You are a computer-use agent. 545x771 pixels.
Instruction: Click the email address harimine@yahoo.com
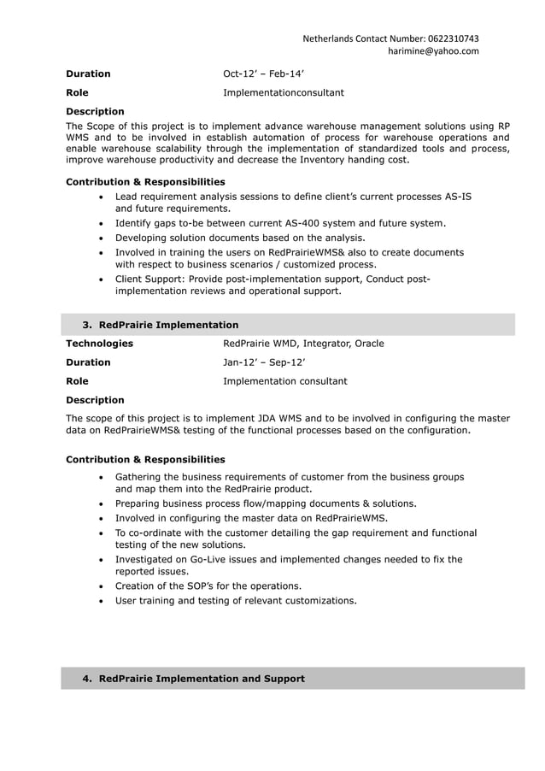pos(433,51)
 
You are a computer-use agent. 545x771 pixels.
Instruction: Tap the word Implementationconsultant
pos(284,92)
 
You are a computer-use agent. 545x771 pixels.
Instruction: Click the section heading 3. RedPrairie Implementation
pos(161,325)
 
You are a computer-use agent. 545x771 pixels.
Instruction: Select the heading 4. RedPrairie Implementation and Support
pos(193,679)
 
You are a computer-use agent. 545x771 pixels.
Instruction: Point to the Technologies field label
pos(99,344)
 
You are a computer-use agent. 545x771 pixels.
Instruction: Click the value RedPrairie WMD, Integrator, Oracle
pos(303,344)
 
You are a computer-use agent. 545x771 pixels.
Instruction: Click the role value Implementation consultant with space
pos(285,381)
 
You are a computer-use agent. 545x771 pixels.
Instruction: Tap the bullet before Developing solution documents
pos(103,238)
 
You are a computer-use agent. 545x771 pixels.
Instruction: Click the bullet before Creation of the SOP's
pos(103,586)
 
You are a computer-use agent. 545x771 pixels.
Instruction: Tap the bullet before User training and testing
pos(103,601)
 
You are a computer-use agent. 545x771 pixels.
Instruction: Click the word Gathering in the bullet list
pos(141,476)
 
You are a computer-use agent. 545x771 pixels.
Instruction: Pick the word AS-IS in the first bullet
pos(459,197)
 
